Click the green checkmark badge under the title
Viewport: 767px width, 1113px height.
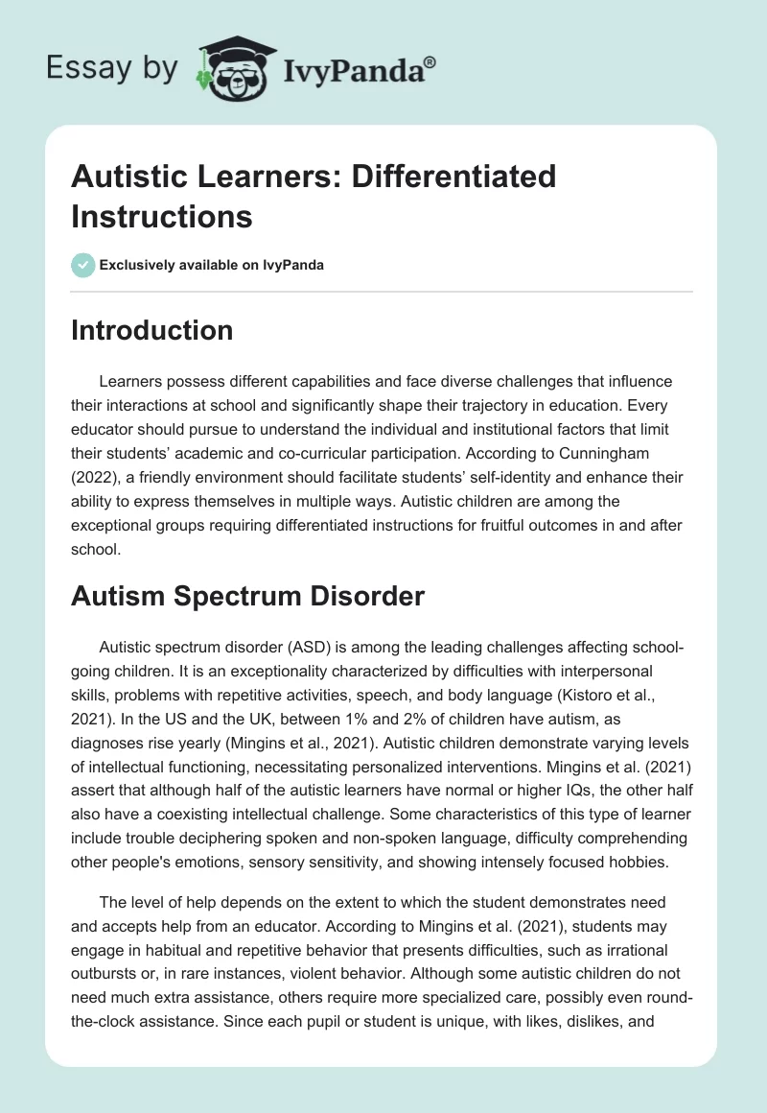[x=83, y=266]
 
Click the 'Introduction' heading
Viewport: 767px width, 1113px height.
[x=151, y=330]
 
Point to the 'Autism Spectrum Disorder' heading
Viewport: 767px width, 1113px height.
[x=247, y=596]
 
